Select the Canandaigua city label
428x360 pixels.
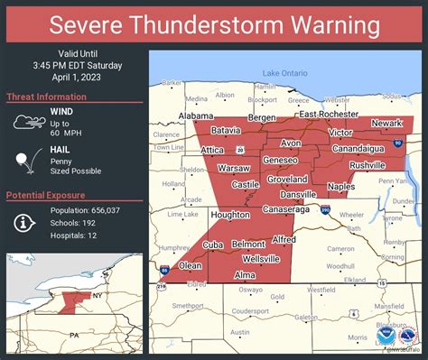pyautogui.click(x=358, y=148)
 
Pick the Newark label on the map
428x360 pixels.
pyautogui.click(x=386, y=123)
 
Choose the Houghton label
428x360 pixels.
pyautogui.click(x=230, y=215)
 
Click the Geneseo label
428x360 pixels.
pyautogui.click(x=281, y=160)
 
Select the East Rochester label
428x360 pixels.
pyautogui.click(x=330, y=115)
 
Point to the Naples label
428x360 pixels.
pyautogui.click(x=340, y=186)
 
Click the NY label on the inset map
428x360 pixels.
pyautogui.click(x=93, y=294)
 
